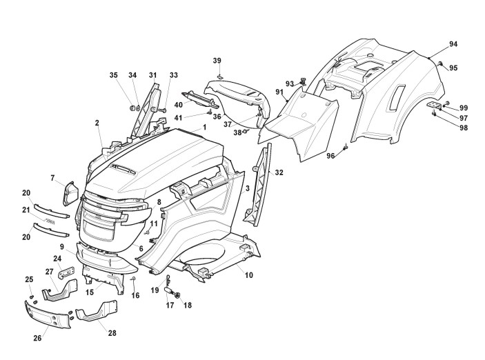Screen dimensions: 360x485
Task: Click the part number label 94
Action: pos(453,44)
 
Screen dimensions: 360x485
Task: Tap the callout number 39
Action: pos(217,61)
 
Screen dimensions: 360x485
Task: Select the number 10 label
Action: pos(248,275)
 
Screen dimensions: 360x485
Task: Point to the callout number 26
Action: pos(38,338)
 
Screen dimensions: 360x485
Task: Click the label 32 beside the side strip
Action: pos(279,172)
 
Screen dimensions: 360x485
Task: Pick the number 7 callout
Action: pos(52,179)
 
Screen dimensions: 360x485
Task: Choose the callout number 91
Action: pos(279,92)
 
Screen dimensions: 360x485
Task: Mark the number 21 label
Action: pos(26,210)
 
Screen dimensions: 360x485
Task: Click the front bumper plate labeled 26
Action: pos(48,319)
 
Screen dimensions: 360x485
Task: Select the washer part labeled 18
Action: pos(179,295)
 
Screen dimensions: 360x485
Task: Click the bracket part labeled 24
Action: pos(66,274)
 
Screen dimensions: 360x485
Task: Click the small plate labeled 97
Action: pos(433,105)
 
